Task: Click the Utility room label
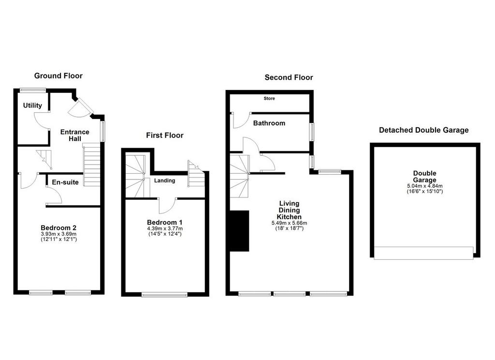32,105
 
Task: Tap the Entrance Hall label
75,135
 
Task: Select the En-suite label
65,182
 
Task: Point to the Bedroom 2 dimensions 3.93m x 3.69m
58,234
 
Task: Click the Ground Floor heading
58,76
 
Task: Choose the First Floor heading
165,135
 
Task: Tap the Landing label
164,180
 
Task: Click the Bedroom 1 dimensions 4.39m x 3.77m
165,228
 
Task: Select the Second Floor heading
289,77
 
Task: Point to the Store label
269,98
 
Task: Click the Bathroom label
269,123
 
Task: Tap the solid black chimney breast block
240,231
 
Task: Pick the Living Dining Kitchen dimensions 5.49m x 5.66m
289,223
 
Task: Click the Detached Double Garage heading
423,130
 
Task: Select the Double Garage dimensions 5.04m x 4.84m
425,186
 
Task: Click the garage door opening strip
423,253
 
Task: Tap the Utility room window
33,90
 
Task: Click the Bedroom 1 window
164,295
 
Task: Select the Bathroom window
312,132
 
